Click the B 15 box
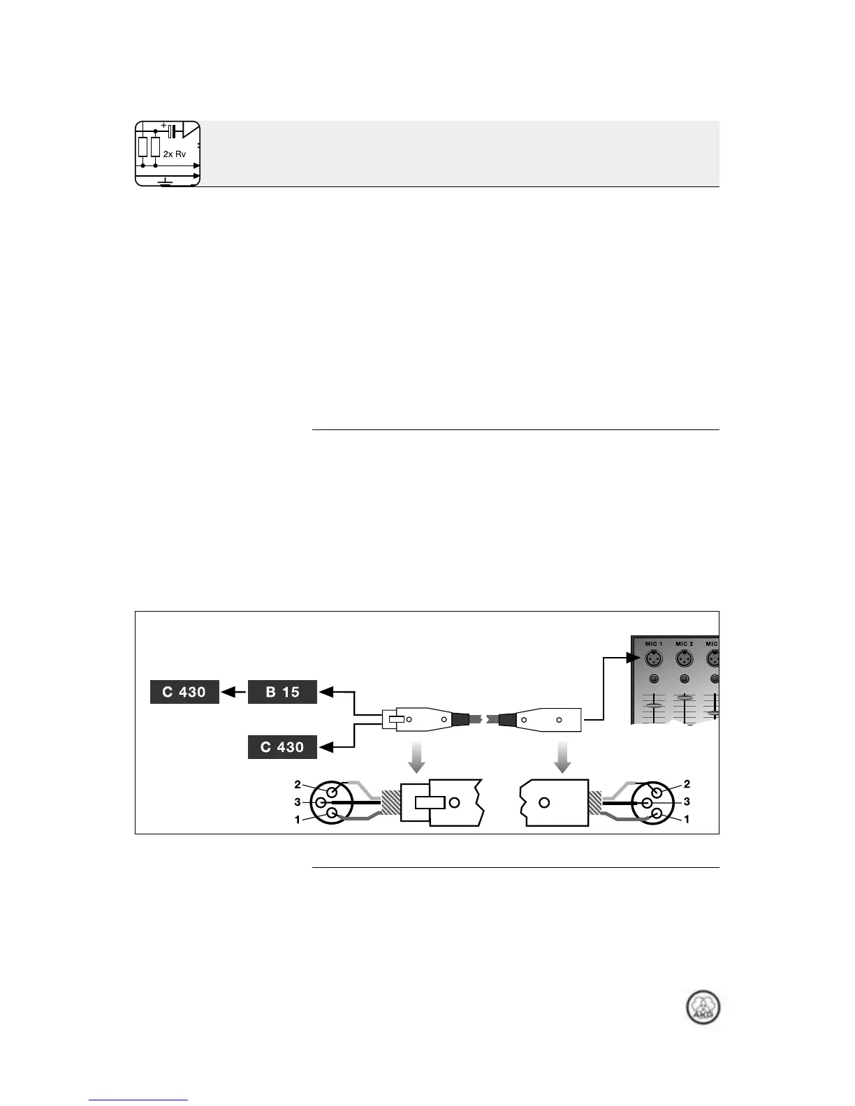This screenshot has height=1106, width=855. (283, 692)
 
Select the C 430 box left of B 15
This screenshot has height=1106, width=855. (184, 692)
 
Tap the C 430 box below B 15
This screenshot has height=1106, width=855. (283, 747)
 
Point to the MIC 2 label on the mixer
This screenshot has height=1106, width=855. (684, 644)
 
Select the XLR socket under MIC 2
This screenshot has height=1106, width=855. (684, 658)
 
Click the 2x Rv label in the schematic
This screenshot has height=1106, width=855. (175, 154)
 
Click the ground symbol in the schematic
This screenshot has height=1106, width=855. (166, 182)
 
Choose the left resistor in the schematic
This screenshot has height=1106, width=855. (143, 147)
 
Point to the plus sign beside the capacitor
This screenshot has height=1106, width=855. (163, 126)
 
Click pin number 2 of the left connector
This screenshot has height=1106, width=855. (298, 784)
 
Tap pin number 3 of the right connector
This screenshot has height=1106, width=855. (687, 802)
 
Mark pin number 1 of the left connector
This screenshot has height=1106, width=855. (298, 820)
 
